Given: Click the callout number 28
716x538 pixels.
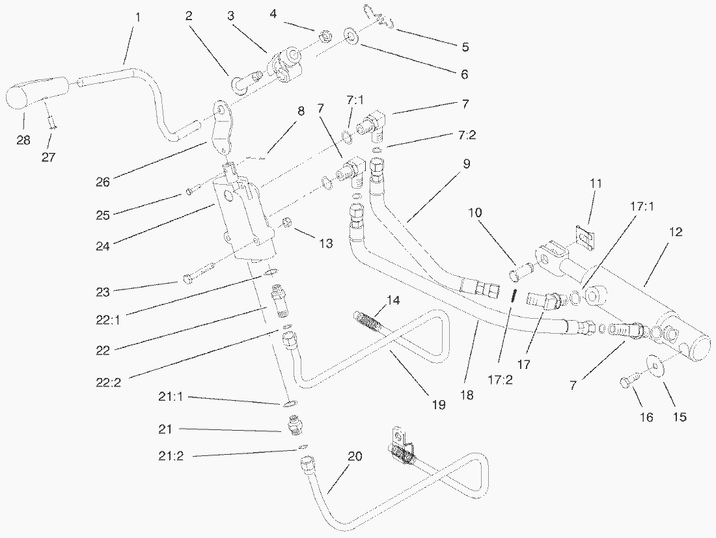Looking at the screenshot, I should (x=23, y=140).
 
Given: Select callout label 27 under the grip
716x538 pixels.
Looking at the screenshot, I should (x=49, y=157).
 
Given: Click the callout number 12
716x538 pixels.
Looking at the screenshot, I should (x=676, y=232).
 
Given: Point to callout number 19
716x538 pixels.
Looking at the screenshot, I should (x=439, y=405).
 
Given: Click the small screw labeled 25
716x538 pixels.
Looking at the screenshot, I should (x=189, y=191).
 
